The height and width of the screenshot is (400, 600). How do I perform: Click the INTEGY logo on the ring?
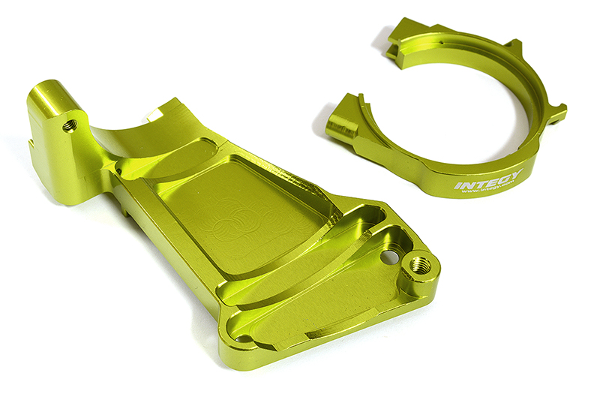[487, 181]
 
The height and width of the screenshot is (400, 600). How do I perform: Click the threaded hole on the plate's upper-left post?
[70, 125]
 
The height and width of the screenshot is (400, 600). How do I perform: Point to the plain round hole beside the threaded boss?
[387, 257]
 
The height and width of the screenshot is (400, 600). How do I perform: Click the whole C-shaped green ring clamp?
[465, 113]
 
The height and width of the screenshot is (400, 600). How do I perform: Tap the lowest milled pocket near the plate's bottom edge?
[315, 315]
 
